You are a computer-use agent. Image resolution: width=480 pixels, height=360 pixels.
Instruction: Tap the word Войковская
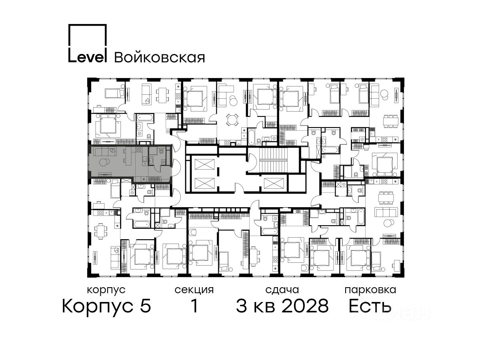[x=160, y=58]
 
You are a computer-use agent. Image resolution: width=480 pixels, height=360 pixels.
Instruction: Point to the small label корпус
[x=106, y=290]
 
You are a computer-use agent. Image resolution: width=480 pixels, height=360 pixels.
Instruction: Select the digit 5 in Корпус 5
[x=146, y=306]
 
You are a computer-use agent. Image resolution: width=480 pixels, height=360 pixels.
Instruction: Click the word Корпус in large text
[x=98, y=307]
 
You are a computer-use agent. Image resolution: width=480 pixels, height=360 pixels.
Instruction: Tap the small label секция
[x=194, y=290]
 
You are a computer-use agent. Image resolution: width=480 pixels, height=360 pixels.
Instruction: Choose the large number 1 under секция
[x=194, y=306]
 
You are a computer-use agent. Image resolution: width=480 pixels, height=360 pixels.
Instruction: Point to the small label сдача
[x=282, y=290]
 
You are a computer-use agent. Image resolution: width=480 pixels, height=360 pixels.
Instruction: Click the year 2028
[x=305, y=306]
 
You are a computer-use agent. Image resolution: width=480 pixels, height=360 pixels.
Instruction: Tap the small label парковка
[x=370, y=290]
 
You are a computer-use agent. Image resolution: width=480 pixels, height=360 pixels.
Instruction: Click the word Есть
[x=370, y=306]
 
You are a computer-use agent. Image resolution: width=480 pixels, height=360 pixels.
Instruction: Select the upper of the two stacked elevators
[x=205, y=164]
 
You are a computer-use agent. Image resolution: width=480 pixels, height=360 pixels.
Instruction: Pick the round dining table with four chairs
[x=232, y=120]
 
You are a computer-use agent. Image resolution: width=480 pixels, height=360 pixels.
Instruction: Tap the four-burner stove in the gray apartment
[x=138, y=150]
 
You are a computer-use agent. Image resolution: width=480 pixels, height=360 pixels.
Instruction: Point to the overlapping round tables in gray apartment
[x=104, y=163]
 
